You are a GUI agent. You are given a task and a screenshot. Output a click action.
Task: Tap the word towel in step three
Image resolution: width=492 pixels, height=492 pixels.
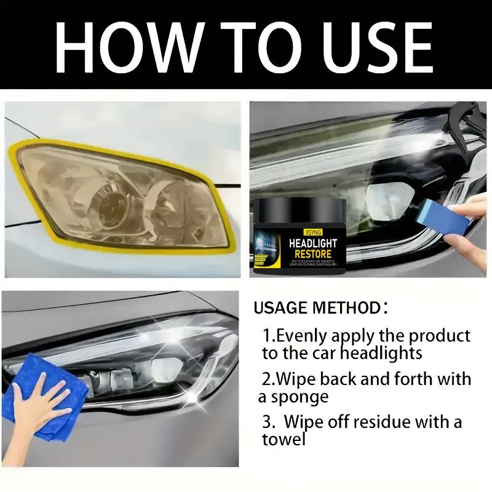[x=284, y=439]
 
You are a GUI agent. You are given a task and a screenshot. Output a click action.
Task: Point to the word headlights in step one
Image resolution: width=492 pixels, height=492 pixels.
[x=381, y=353]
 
